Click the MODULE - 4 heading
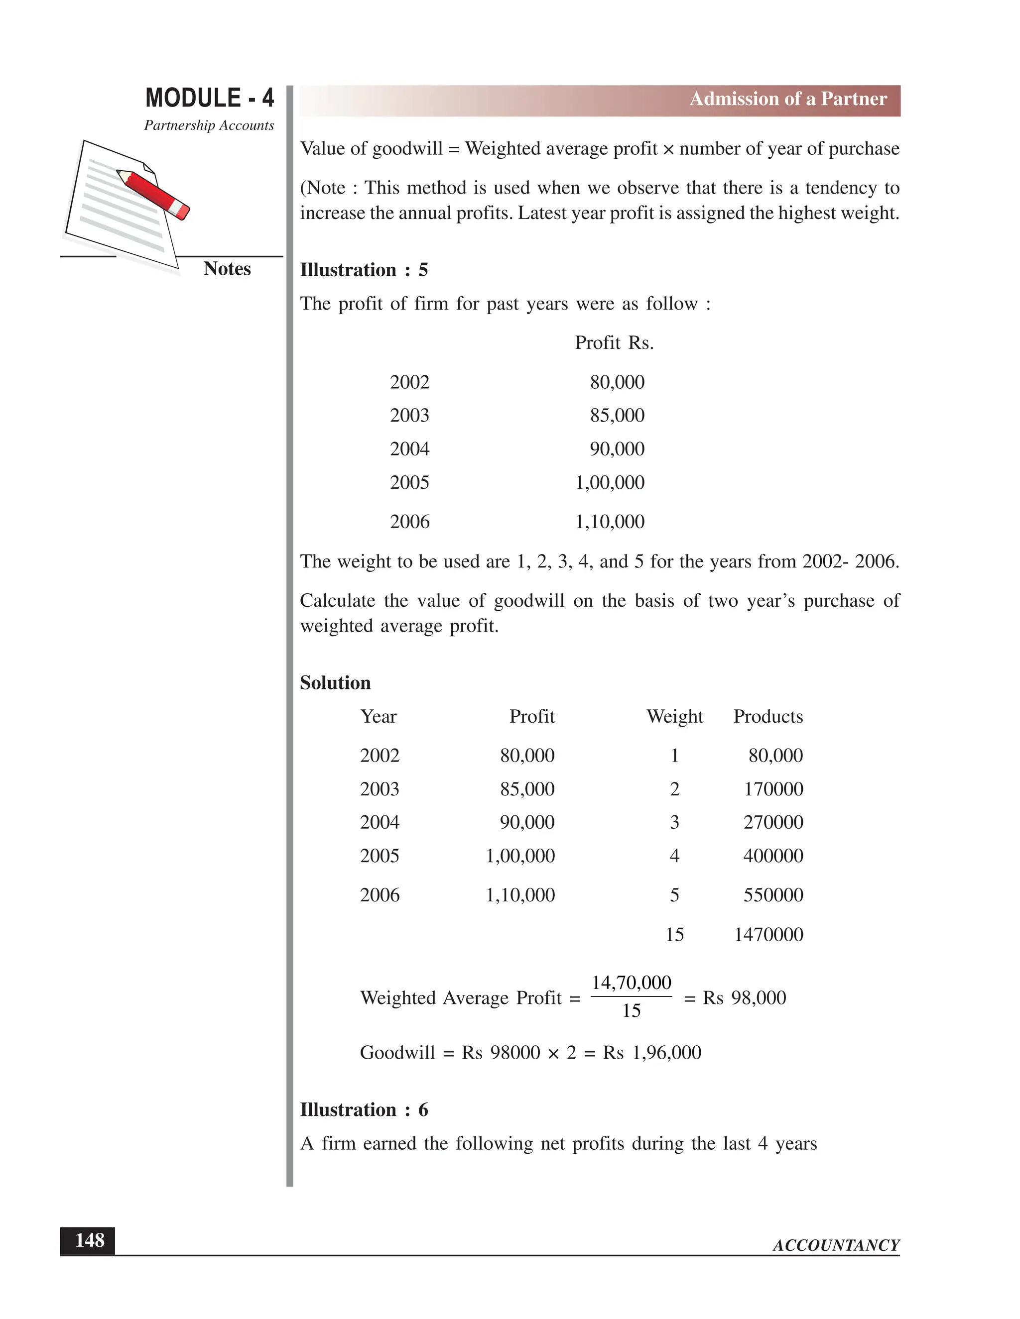tap(209, 98)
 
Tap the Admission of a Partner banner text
tap(788, 99)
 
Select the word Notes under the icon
tap(227, 269)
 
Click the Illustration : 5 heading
tap(364, 270)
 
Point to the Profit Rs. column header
tap(614, 343)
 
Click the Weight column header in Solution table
tap(674, 716)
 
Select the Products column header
tap(767, 716)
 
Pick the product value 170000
tap(773, 789)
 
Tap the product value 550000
tap(773, 895)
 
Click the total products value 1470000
tap(768, 935)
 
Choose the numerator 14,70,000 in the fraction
tap(631, 983)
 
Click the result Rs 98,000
tap(744, 997)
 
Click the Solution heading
tap(335, 683)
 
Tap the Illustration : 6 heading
tap(364, 1110)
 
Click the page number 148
tap(89, 1240)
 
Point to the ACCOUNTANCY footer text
tap(836, 1245)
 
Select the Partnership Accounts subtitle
tap(209, 125)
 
